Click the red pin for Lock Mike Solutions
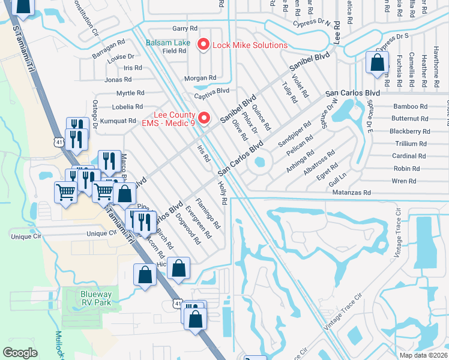pos(203,44)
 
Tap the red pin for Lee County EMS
pos(203,118)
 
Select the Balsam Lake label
pos(169,43)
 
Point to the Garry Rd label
pos(184,28)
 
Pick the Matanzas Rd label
pos(352,193)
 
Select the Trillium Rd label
pos(411,144)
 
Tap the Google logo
pos(20,353)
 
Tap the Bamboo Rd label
pos(410,106)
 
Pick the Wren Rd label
pos(404,181)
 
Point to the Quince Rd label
pos(262,118)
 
